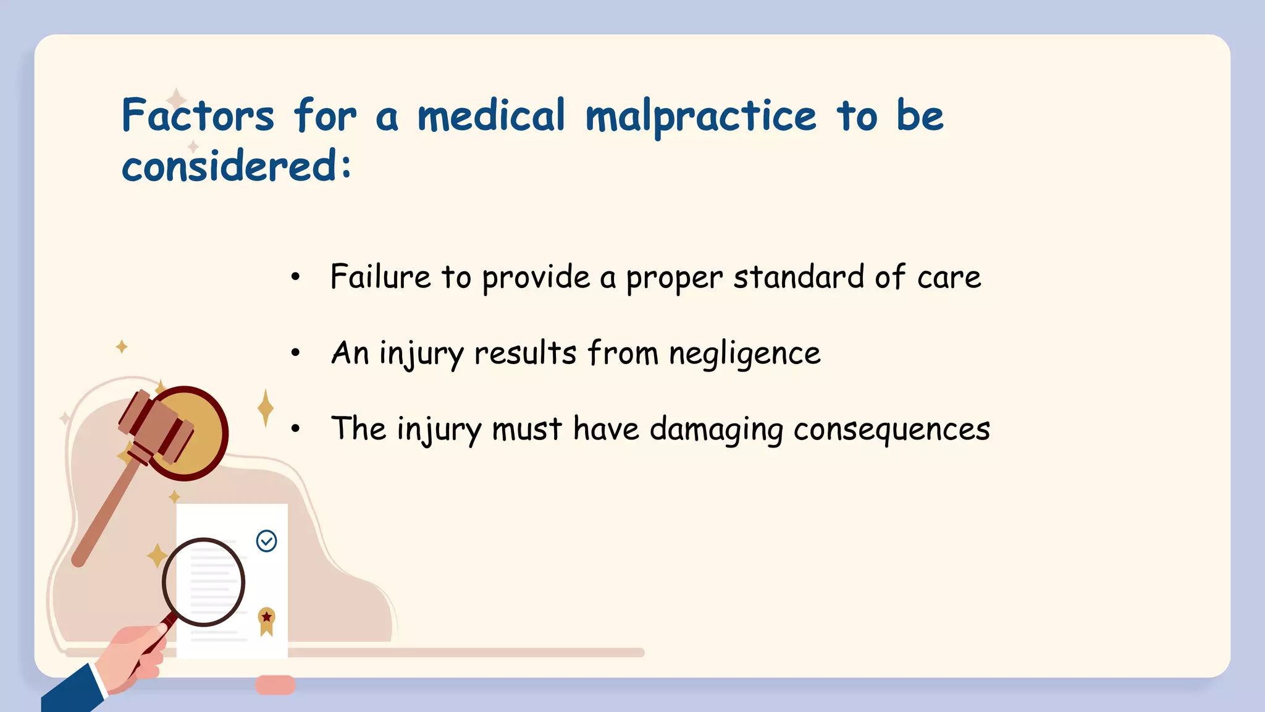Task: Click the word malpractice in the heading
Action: pos(700,116)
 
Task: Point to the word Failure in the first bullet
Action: pos(380,276)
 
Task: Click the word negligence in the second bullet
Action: pos(744,354)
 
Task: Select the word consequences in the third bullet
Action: pos(891,429)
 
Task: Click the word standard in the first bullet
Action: pos(798,276)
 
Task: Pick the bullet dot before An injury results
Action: pos(296,353)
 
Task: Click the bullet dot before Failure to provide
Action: pos(296,277)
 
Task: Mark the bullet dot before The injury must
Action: pos(296,428)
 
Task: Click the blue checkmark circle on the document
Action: pos(266,541)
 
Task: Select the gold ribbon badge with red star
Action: pos(266,620)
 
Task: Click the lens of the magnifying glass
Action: pos(203,582)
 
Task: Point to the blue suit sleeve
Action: pos(71,691)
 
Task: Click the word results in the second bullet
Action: pos(525,354)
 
